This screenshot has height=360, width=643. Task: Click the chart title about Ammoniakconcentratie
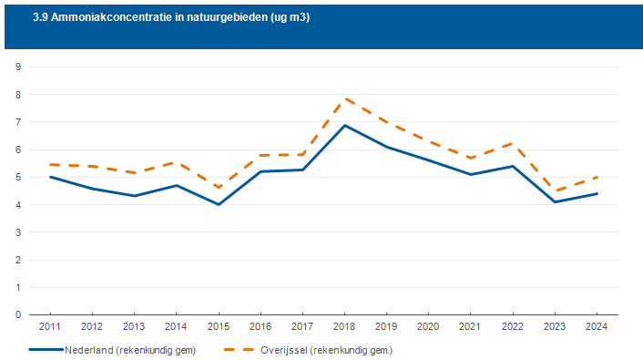pos(171,17)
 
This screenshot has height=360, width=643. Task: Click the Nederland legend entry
pos(112,350)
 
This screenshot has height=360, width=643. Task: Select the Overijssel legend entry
pos(309,350)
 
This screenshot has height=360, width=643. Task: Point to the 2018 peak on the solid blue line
pos(345,125)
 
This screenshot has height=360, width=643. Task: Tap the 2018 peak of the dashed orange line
pos(345,98)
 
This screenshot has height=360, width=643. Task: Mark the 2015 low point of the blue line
pos(219,204)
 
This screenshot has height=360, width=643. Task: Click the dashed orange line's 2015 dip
pos(219,188)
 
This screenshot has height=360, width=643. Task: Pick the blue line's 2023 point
pos(555,202)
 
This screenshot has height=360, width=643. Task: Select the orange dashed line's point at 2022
pos(513,143)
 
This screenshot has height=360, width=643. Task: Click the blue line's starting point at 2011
pos(50,177)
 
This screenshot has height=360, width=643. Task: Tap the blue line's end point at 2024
pos(597,194)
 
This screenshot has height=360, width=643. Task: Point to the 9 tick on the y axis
pos(18,67)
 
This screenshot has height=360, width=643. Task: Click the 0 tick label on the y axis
pos(18,314)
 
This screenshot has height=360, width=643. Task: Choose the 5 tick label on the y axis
pos(18,178)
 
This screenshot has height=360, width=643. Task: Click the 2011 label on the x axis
pos(49,327)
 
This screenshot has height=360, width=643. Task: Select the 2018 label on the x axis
pos(344,327)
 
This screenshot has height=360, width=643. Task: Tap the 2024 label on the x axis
pos(597,327)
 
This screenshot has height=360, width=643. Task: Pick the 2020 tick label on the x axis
pos(428,327)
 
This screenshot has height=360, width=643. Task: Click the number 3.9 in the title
pos(40,17)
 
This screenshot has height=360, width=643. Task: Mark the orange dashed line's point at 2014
pos(177,163)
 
